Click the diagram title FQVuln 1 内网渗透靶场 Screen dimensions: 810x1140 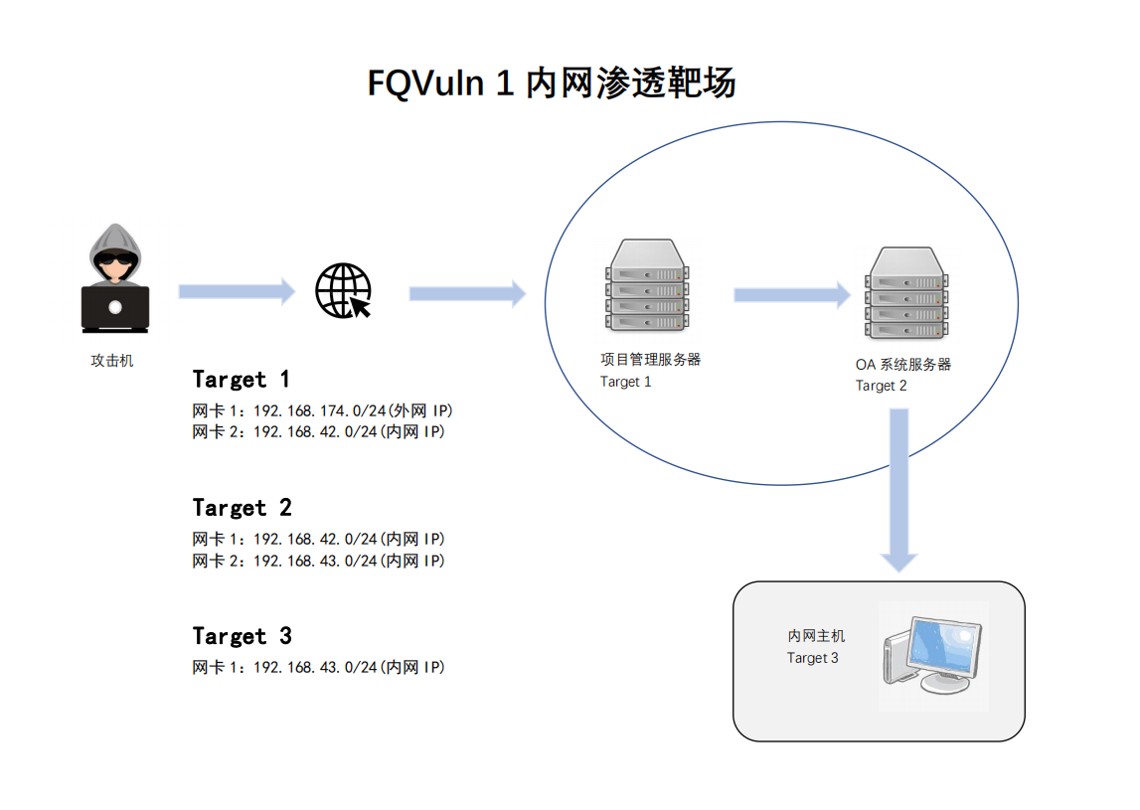tap(552, 83)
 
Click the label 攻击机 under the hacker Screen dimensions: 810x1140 tap(112, 361)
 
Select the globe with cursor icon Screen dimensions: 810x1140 tap(343, 291)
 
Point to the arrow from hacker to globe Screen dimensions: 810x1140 tap(237, 291)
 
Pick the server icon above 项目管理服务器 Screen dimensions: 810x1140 tap(645, 285)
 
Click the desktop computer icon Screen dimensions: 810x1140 tap(931, 656)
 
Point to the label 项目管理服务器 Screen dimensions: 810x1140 tap(651, 360)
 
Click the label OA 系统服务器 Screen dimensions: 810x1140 tap(903, 364)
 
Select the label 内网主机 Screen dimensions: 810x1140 tap(816, 635)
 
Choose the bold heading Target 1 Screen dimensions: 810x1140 tap(242, 380)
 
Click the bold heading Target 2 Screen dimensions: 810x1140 tap(243, 508)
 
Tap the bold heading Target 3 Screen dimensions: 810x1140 tap(243, 636)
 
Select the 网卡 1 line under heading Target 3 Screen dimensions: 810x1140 tap(318, 667)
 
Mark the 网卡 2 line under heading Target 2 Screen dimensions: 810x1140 tap(318, 561)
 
